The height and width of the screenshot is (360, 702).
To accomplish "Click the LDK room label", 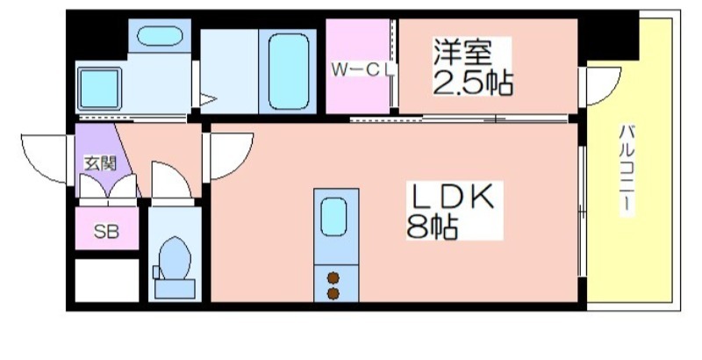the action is pyautogui.click(x=453, y=197).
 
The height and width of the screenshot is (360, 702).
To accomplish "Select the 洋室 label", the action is pyautogui.click(x=463, y=52).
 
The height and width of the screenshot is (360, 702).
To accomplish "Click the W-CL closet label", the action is pyautogui.click(x=363, y=70).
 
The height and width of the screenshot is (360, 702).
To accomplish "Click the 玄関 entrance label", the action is pyautogui.click(x=100, y=164).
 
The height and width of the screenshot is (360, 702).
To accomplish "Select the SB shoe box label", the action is pyautogui.click(x=106, y=231).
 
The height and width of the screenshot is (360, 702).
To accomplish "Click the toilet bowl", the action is pyautogui.click(x=175, y=258).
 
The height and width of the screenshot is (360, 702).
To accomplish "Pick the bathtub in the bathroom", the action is pyautogui.click(x=289, y=72).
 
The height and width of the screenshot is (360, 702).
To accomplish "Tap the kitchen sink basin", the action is pyautogui.click(x=333, y=217).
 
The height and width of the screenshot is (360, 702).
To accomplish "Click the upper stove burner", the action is pyautogui.click(x=333, y=278).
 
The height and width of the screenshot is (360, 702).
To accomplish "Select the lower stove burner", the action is pyautogui.click(x=333, y=294).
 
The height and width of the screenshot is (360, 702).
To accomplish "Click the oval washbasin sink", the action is pyautogui.click(x=160, y=36).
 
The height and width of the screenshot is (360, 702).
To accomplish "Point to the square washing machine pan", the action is pyautogui.click(x=99, y=88).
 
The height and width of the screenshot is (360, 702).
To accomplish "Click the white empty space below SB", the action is pyautogui.click(x=106, y=280).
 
